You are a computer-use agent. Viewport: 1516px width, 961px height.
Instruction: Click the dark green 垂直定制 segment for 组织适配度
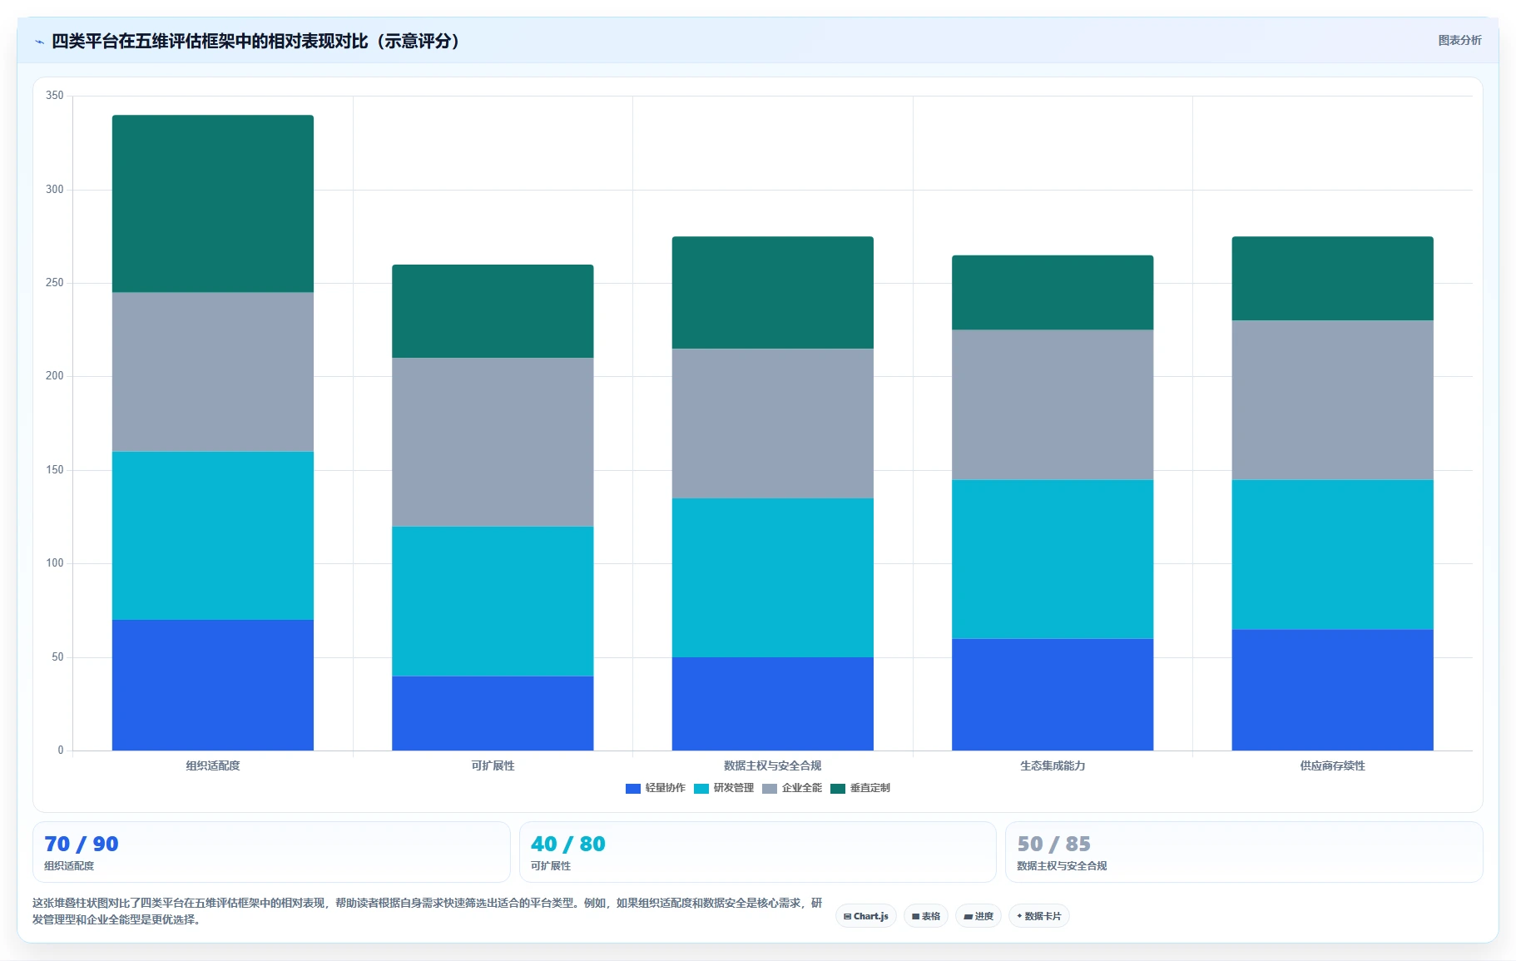tap(213, 204)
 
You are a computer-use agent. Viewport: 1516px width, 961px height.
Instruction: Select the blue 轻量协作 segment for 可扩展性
tap(493, 713)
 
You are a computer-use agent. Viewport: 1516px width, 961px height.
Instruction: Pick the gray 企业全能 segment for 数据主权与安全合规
tap(773, 424)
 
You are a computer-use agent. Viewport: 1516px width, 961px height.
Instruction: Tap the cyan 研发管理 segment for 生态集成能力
tap(1053, 559)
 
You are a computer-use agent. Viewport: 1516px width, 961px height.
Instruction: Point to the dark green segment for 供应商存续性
tap(1332, 279)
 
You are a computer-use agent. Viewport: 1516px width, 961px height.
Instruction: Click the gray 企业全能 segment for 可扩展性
tap(493, 442)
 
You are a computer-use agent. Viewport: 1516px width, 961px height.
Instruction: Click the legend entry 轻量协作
tap(656, 788)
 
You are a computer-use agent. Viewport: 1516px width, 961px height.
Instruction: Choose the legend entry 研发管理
tap(724, 788)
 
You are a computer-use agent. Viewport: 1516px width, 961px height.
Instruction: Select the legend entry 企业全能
tap(792, 788)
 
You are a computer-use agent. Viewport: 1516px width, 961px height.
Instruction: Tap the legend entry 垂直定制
tap(860, 788)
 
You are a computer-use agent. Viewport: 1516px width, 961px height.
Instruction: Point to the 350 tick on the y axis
tap(55, 96)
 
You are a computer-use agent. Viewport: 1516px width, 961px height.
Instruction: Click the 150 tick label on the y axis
tap(55, 470)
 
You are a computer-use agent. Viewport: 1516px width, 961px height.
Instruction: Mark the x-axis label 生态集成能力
tap(1053, 765)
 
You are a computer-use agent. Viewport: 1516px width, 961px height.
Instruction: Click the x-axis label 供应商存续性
tap(1332, 765)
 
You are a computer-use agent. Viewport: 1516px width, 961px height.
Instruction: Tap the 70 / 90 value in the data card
tap(82, 844)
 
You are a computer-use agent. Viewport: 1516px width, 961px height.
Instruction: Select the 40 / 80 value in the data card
tap(568, 844)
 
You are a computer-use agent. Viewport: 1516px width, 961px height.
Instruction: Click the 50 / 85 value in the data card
tap(1054, 844)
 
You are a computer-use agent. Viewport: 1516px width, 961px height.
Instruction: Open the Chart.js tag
tap(866, 916)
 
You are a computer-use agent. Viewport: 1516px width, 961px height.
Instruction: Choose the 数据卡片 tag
tap(1039, 916)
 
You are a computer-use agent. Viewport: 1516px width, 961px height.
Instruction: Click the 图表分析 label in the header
tap(1459, 40)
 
